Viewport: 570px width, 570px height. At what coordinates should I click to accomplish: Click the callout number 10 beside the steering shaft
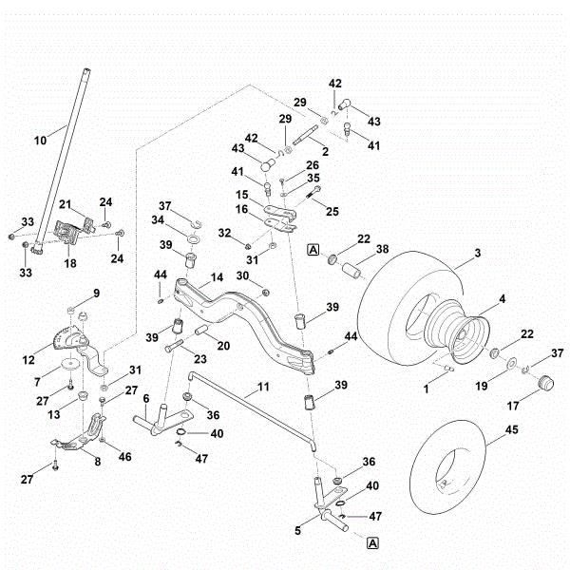pyautogui.click(x=40, y=140)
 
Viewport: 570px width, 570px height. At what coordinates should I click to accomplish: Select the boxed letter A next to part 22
pyautogui.click(x=313, y=250)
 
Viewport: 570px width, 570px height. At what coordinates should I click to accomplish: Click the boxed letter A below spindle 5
pyautogui.click(x=372, y=542)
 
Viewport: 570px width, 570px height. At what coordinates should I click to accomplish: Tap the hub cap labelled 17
pyautogui.click(x=546, y=383)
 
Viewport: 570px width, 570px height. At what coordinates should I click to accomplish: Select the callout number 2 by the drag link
pyautogui.click(x=325, y=151)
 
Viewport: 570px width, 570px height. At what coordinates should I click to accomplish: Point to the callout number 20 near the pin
pyautogui.click(x=222, y=346)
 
